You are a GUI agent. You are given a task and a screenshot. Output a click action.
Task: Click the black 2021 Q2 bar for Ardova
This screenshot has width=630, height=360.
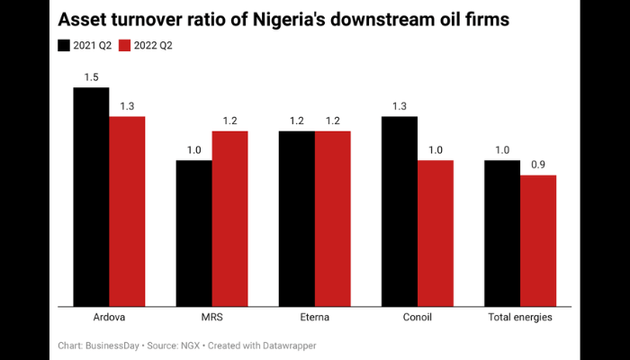pyautogui.click(x=91, y=197)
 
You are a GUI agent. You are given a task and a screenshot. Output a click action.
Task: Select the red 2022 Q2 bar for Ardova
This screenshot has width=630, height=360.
pyautogui.click(x=127, y=211)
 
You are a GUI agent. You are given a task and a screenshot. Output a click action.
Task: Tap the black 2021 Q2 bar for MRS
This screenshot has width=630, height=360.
pyautogui.click(x=193, y=234)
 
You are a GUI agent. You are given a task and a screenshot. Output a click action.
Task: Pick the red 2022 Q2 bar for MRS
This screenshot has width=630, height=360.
pyautogui.click(x=229, y=219)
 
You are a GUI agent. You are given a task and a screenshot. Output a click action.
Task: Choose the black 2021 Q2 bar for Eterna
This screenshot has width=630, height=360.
pyautogui.click(x=296, y=219)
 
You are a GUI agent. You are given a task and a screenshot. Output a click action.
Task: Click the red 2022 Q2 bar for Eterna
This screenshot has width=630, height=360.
pyautogui.click(x=332, y=219)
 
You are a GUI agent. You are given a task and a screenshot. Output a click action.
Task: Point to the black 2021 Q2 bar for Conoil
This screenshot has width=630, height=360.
pyautogui.click(x=400, y=211)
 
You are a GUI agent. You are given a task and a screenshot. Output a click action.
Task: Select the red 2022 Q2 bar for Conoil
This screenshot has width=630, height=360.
pyautogui.click(x=436, y=234)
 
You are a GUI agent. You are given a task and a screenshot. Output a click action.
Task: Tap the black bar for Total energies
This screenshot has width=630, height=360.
pyautogui.click(x=502, y=234)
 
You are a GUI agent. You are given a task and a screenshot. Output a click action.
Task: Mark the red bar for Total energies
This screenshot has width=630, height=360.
pyautogui.click(x=538, y=241)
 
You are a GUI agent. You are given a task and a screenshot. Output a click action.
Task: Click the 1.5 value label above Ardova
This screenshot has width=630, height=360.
pyautogui.click(x=91, y=77)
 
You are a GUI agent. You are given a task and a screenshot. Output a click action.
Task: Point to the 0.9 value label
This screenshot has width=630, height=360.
pyautogui.click(x=538, y=165)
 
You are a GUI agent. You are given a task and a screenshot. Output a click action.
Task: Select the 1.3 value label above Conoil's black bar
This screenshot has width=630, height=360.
pyautogui.click(x=400, y=106)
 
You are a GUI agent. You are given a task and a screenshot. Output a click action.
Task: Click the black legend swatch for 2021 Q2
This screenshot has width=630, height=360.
pyautogui.click(x=64, y=45)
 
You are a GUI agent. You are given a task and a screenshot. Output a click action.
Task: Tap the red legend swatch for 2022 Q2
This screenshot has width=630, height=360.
pyautogui.click(x=126, y=45)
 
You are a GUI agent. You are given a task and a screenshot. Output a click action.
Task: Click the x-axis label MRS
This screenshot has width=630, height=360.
pyautogui.click(x=211, y=318)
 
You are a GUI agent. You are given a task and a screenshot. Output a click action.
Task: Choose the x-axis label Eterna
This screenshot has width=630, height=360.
pyautogui.click(x=314, y=318)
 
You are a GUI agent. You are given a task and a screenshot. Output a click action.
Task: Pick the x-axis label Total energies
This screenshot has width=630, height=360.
pyautogui.click(x=520, y=318)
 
